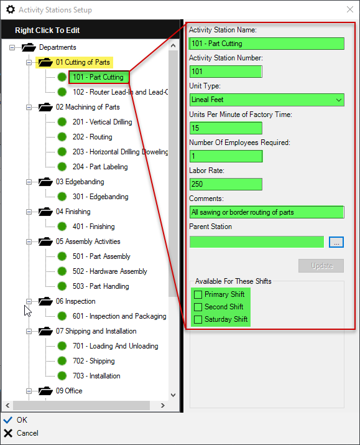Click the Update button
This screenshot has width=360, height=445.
pos(321,266)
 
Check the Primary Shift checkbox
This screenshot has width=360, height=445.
pos(198,294)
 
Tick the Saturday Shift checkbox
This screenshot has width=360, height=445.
pos(198,319)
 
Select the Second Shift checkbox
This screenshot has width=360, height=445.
pos(198,307)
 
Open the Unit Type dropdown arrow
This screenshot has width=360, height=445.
pos(338,100)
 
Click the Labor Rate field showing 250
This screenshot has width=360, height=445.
pos(226,184)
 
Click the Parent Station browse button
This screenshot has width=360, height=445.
pos(336,242)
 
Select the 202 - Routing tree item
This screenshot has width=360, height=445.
pos(93,137)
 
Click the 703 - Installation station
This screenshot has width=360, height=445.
pos(96,376)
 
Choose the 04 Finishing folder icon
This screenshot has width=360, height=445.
pos(45,212)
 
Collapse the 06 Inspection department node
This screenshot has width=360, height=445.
pos(29,301)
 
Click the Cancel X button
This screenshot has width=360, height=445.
pos(8,433)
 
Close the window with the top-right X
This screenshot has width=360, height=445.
pos(350,9)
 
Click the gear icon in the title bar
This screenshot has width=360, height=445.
pos(11,9)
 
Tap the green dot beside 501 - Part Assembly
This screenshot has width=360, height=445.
pos(62,256)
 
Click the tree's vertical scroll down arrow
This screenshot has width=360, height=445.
pos(173,395)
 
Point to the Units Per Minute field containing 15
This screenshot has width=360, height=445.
pos(226,128)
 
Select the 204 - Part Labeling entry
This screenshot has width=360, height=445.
pos(100,167)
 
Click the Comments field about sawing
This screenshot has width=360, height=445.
pos(267,212)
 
